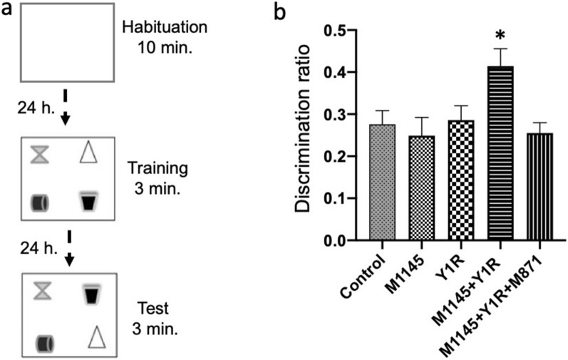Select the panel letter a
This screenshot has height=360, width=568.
point(7,11)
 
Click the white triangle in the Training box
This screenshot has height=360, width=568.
point(88,152)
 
